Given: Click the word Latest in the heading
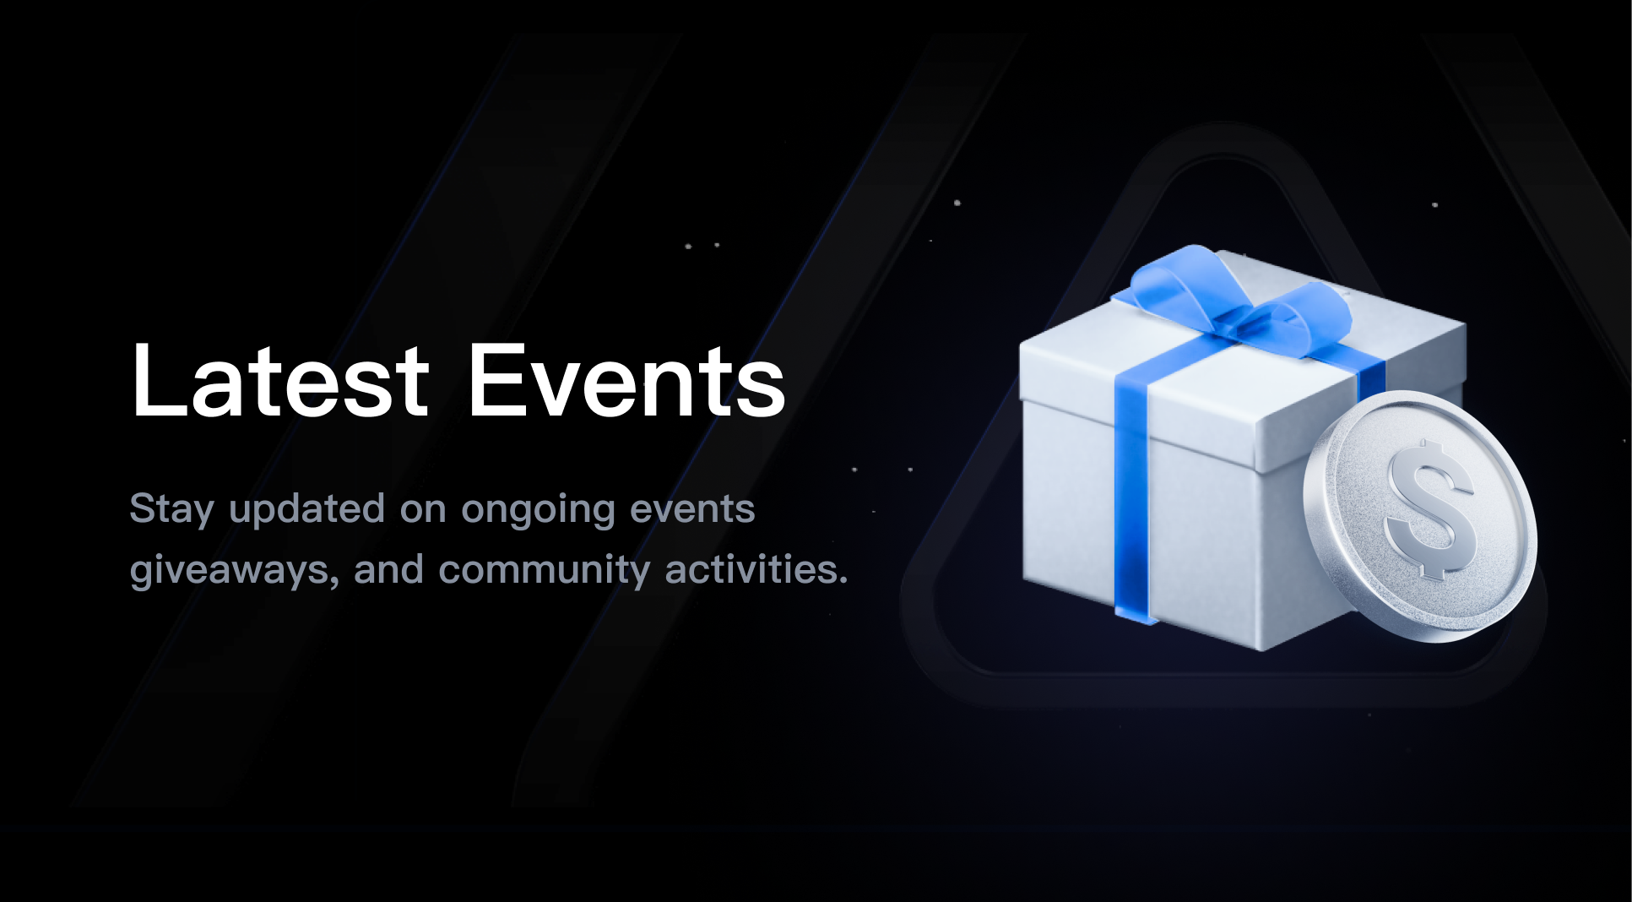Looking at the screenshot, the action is click(280, 380).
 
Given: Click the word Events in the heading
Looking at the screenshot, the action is click(626, 380).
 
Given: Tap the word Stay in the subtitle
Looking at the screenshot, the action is click(171, 510).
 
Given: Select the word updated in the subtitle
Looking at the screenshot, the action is click(307, 510).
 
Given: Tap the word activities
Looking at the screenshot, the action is click(751, 569).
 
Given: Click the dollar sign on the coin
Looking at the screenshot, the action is click(1429, 509).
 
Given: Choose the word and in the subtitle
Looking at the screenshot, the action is click(388, 569).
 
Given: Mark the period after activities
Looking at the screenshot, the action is click(843, 582).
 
